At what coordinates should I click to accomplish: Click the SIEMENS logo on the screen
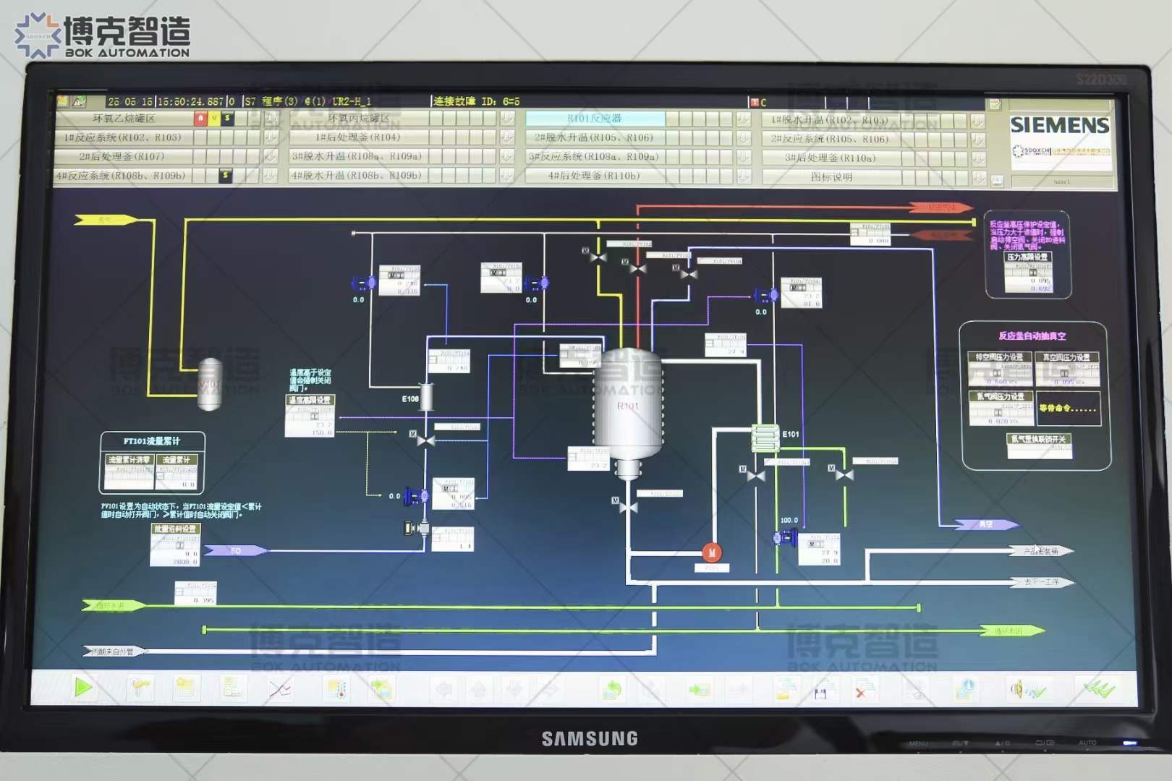pyautogui.click(x=1059, y=125)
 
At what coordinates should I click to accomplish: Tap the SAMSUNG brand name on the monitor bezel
pyautogui.click(x=590, y=738)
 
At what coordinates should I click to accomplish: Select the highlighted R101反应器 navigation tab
pyautogui.click(x=595, y=119)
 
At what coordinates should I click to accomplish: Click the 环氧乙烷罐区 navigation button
pyautogui.click(x=124, y=118)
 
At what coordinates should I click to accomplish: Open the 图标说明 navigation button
pyautogui.click(x=831, y=176)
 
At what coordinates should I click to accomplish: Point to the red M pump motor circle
pyautogui.click(x=712, y=552)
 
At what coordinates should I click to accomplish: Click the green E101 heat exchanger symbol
pyautogui.click(x=765, y=438)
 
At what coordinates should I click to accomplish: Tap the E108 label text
pyautogui.click(x=410, y=398)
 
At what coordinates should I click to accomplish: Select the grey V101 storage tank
pyautogui.click(x=210, y=384)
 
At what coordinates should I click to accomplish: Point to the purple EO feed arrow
pyautogui.click(x=236, y=551)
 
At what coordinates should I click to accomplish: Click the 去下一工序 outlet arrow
pyautogui.click(x=1042, y=582)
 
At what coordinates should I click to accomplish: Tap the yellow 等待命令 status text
pyautogui.click(x=1068, y=409)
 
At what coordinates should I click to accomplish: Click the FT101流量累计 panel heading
pyautogui.click(x=152, y=440)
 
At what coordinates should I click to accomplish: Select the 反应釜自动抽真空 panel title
pyautogui.click(x=1032, y=336)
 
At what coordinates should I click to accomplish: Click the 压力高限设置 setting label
pyautogui.click(x=1027, y=257)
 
